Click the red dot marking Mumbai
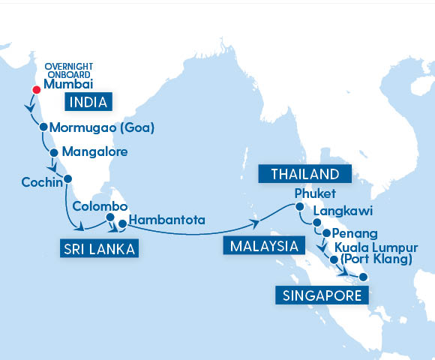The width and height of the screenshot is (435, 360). point(34,91)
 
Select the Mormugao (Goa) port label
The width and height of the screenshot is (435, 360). point(106,127)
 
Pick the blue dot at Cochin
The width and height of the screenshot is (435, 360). point(67,178)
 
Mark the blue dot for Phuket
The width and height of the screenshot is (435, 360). point(299,207)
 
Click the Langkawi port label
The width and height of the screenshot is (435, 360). point(343,212)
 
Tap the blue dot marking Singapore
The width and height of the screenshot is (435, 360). point(363,277)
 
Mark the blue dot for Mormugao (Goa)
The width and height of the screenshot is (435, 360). point(44,127)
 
